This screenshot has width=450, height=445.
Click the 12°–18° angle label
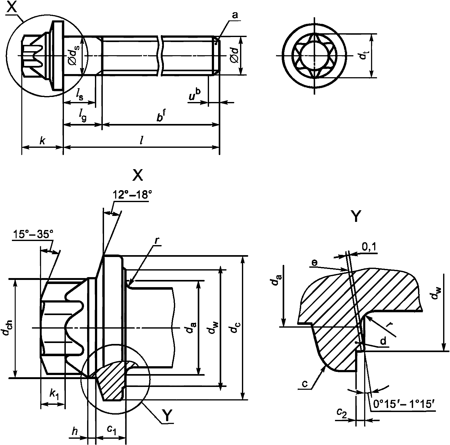coord(132,195)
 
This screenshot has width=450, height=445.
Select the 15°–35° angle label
coord(33,234)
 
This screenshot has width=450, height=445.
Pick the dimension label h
coord(74,432)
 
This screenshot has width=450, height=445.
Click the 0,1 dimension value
coord(370,247)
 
